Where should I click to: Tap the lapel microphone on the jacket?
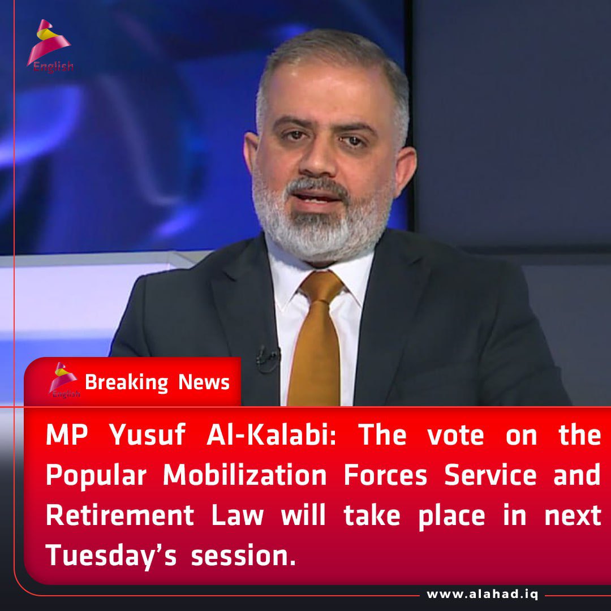(266, 356)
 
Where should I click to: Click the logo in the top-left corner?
(50, 45)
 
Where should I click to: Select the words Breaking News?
(157, 382)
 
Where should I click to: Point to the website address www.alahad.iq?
(482, 595)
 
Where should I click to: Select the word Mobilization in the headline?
(245, 476)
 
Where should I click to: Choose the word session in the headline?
(243, 556)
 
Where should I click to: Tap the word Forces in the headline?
(385, 476)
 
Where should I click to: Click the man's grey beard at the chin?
(322, 232)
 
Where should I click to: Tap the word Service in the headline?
(490, 476)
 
